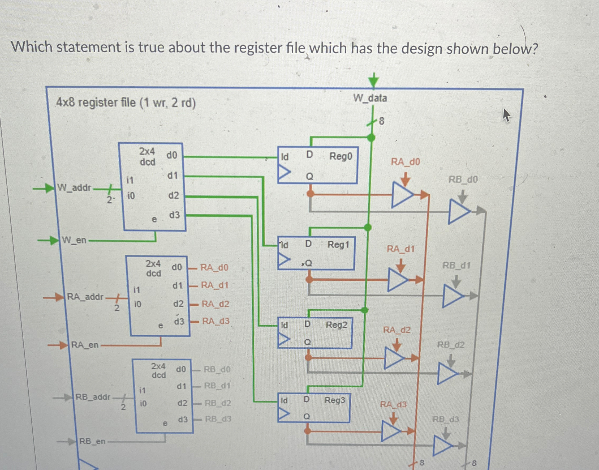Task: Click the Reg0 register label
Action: [x=341, y=156]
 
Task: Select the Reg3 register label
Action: [x=335, y=400]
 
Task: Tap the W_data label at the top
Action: [x=370, y=98]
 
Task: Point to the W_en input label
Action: [x=74, y=240]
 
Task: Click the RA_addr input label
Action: [x=85, y=297]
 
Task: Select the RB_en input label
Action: [x=92, y=441]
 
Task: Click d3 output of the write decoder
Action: [x=174, y=215]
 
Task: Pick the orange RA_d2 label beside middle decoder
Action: [x=215, y=304]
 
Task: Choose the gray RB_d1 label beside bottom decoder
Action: [x=217, y=386]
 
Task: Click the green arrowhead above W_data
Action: [x=373, y=81]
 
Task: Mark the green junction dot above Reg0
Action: [x=371, y=137]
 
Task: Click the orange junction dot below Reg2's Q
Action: [x=309, y=357]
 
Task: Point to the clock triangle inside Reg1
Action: [x=284, y=259]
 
